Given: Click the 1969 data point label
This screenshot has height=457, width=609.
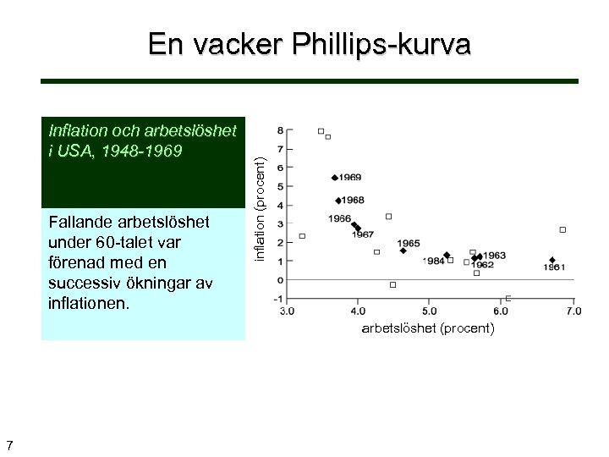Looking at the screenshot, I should (x=350, y=178).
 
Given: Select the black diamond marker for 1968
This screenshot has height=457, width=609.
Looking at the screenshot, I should (x=337, y=201).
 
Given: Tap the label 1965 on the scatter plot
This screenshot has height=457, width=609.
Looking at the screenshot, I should (x=409, y=244).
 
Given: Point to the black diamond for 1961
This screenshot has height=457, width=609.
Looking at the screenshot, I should (x=552, y=260).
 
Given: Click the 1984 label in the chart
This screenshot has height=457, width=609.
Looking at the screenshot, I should (x=434, y=262).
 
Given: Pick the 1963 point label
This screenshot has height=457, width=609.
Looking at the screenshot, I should (x=494, y=255).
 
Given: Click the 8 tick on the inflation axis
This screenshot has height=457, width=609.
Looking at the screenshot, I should (x=280, y=131).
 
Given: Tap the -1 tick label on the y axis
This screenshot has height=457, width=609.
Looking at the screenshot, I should (x=278, y=299).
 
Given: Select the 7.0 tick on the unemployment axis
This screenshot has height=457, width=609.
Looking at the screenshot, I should (x=573, y=311).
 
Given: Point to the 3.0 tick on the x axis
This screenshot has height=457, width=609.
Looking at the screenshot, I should (x=288, y=311).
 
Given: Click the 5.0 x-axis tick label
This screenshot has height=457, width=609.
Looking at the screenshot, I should (x=430, y=311).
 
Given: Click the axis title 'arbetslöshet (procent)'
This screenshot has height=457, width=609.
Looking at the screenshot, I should (x=428, y=328).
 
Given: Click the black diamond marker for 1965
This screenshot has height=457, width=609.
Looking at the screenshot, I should (x=403, y=251).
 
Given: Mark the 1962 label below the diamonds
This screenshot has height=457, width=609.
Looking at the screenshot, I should (x=482, y=265).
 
